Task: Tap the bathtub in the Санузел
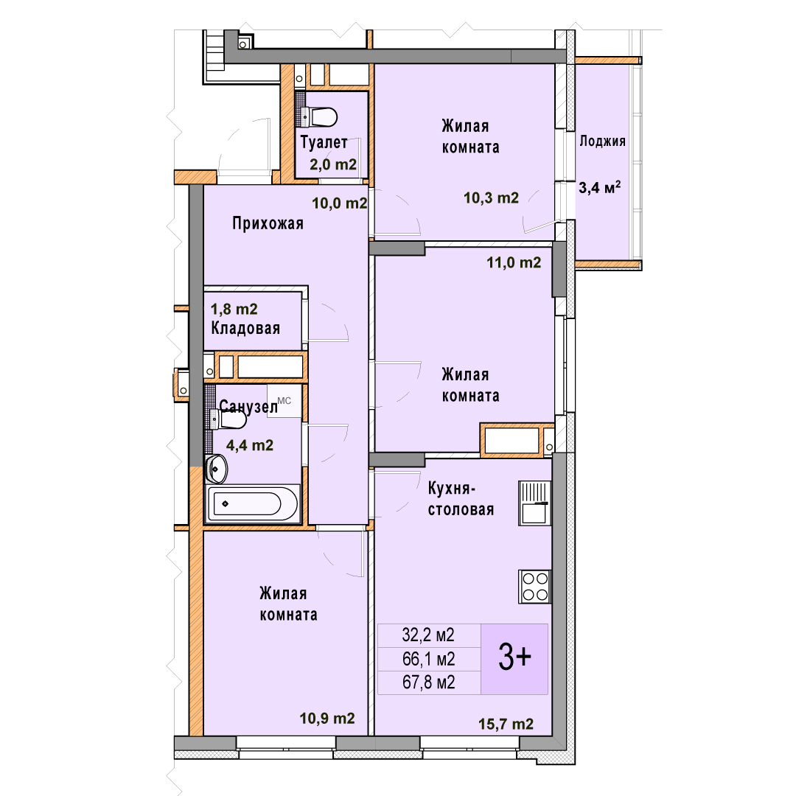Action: tap(253, 503)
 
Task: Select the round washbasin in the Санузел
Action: tap(216, 469)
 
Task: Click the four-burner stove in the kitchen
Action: tap(535, 587)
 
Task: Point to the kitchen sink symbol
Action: tap(534, 503)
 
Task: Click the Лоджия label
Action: tap(603, 141)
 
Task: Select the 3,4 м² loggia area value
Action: tap(599, 187)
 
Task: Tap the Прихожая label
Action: tap(268, 223)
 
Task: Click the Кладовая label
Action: tap(245, 329)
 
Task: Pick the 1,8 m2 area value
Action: tap(234, 309)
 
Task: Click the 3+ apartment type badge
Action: tap(514, 658)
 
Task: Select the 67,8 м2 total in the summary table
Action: tap(428, 682)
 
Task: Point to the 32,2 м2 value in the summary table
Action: tap(428, 635)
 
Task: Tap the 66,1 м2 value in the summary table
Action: tap(428, 659)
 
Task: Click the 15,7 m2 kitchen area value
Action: tap(506, 724)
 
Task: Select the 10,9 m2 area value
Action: tap(327, 719)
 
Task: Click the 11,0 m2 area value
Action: tap(514, 262)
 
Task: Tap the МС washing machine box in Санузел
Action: tap(284, 400)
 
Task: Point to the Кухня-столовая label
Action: tap(461, 498)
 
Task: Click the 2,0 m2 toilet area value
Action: tap(333, 164)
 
